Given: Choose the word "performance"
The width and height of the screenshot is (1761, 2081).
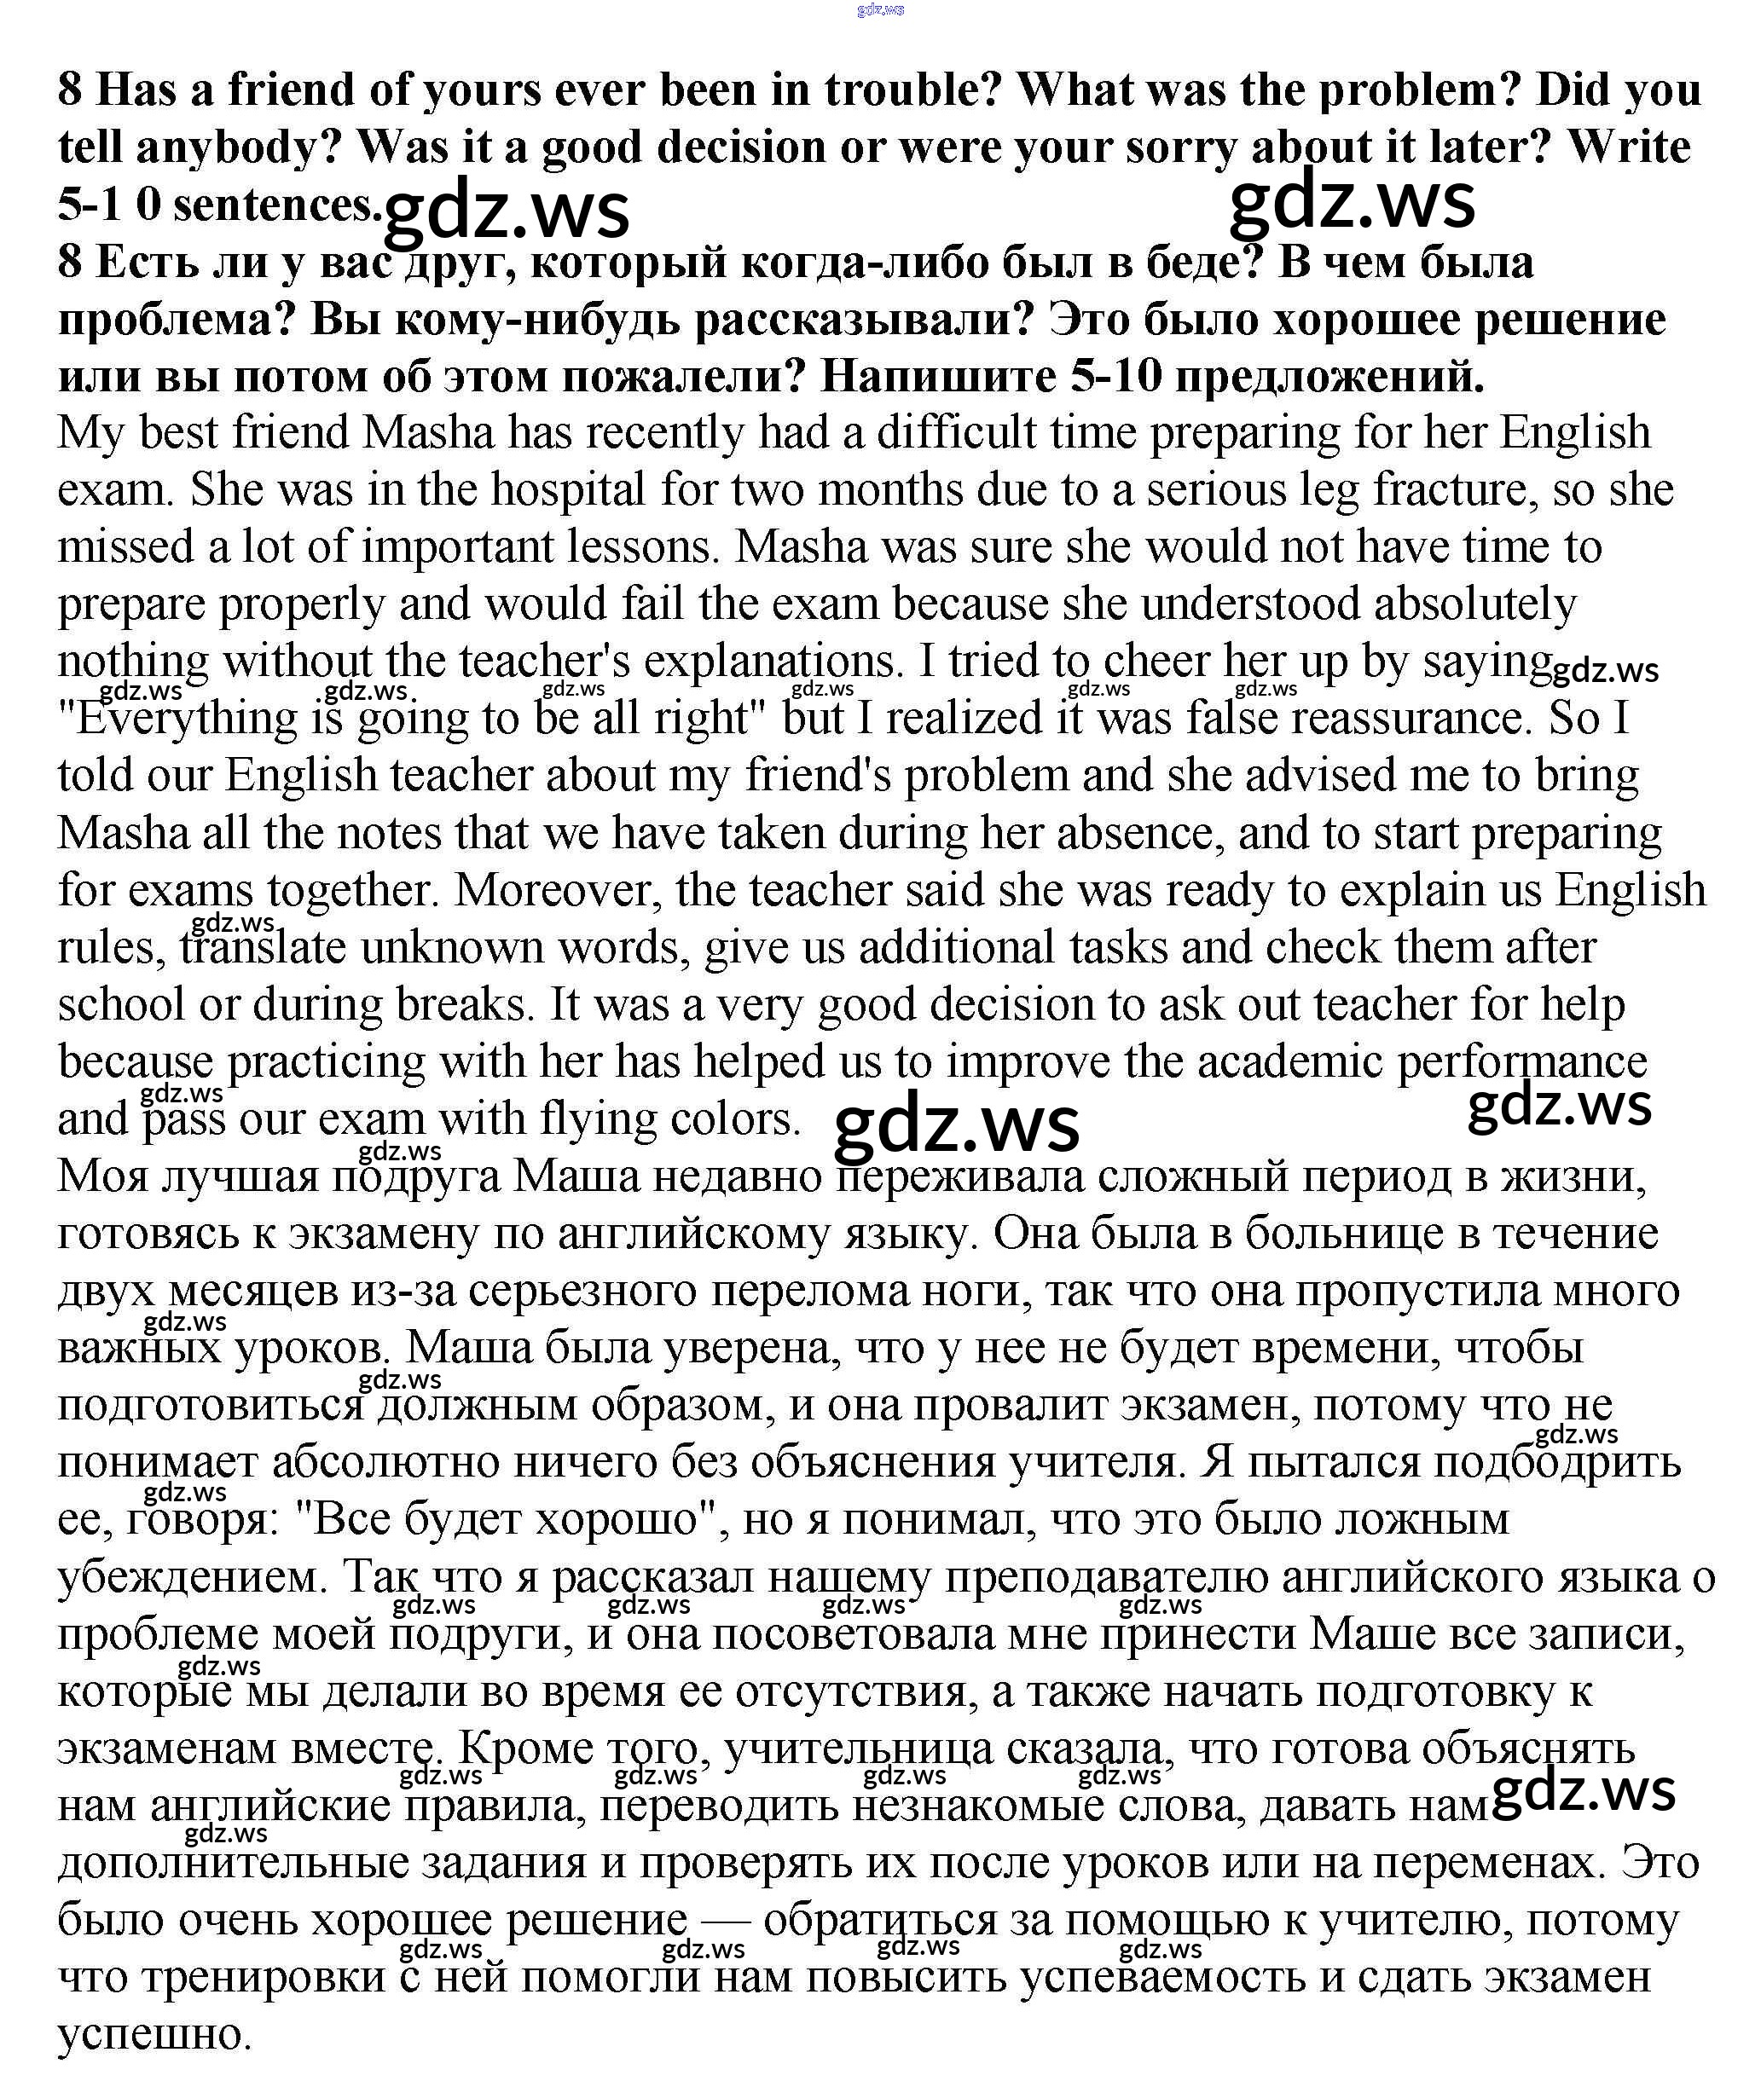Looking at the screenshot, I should pos(1522,1062).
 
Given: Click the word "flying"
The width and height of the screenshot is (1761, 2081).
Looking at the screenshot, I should pos(596,1119).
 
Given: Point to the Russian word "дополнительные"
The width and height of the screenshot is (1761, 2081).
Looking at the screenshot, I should pos(233,1864).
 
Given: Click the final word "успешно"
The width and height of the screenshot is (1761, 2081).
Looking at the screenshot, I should pos(154,2035).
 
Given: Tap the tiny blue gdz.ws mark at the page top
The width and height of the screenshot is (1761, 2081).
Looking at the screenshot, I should pos(879,10).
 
